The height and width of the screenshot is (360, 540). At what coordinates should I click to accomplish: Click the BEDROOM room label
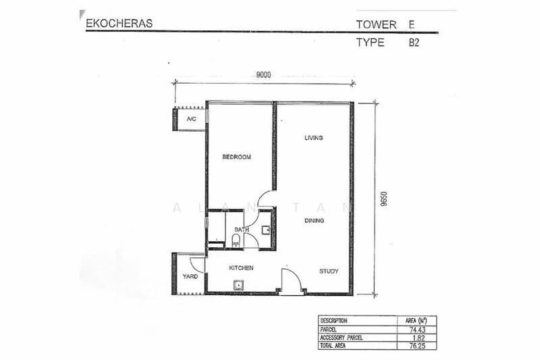[x=237, y=157]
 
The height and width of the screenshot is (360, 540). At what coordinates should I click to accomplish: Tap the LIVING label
[x=314, y=138]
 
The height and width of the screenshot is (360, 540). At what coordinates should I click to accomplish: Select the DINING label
[x=314, y=220]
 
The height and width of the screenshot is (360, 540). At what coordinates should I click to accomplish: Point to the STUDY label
[x=329, y=271]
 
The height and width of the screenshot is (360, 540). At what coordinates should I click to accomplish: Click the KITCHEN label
[x=241, y=267]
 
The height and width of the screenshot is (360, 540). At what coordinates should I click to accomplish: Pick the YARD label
[x=190, y=276]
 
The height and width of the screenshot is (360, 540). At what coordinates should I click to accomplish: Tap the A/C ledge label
[x=192, y=119]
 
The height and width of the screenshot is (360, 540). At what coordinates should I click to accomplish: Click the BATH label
[x=242, y=230]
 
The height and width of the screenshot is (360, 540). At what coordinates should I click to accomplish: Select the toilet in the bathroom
[x=236, y=240]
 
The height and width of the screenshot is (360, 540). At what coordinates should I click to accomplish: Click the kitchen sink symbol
[x=238, y=286]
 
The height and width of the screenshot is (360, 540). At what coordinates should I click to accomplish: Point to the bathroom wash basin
[x=266, y=230]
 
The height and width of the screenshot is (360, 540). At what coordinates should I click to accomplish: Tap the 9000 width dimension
[x=263, y=75]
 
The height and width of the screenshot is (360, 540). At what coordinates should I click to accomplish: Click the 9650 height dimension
[x=384, y=199]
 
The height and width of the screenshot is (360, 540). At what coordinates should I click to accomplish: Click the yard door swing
[x=197, y=265]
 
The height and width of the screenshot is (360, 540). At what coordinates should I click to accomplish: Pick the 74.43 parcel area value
[x=417, y=330]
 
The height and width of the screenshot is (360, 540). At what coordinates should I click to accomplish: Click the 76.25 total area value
[x=417, y=346]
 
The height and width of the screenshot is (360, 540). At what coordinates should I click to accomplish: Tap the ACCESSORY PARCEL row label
[x=342, y=338]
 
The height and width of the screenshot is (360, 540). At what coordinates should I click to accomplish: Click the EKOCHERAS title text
[x=119, y=24]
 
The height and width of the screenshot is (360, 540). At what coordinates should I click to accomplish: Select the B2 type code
[x=414, y=43]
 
